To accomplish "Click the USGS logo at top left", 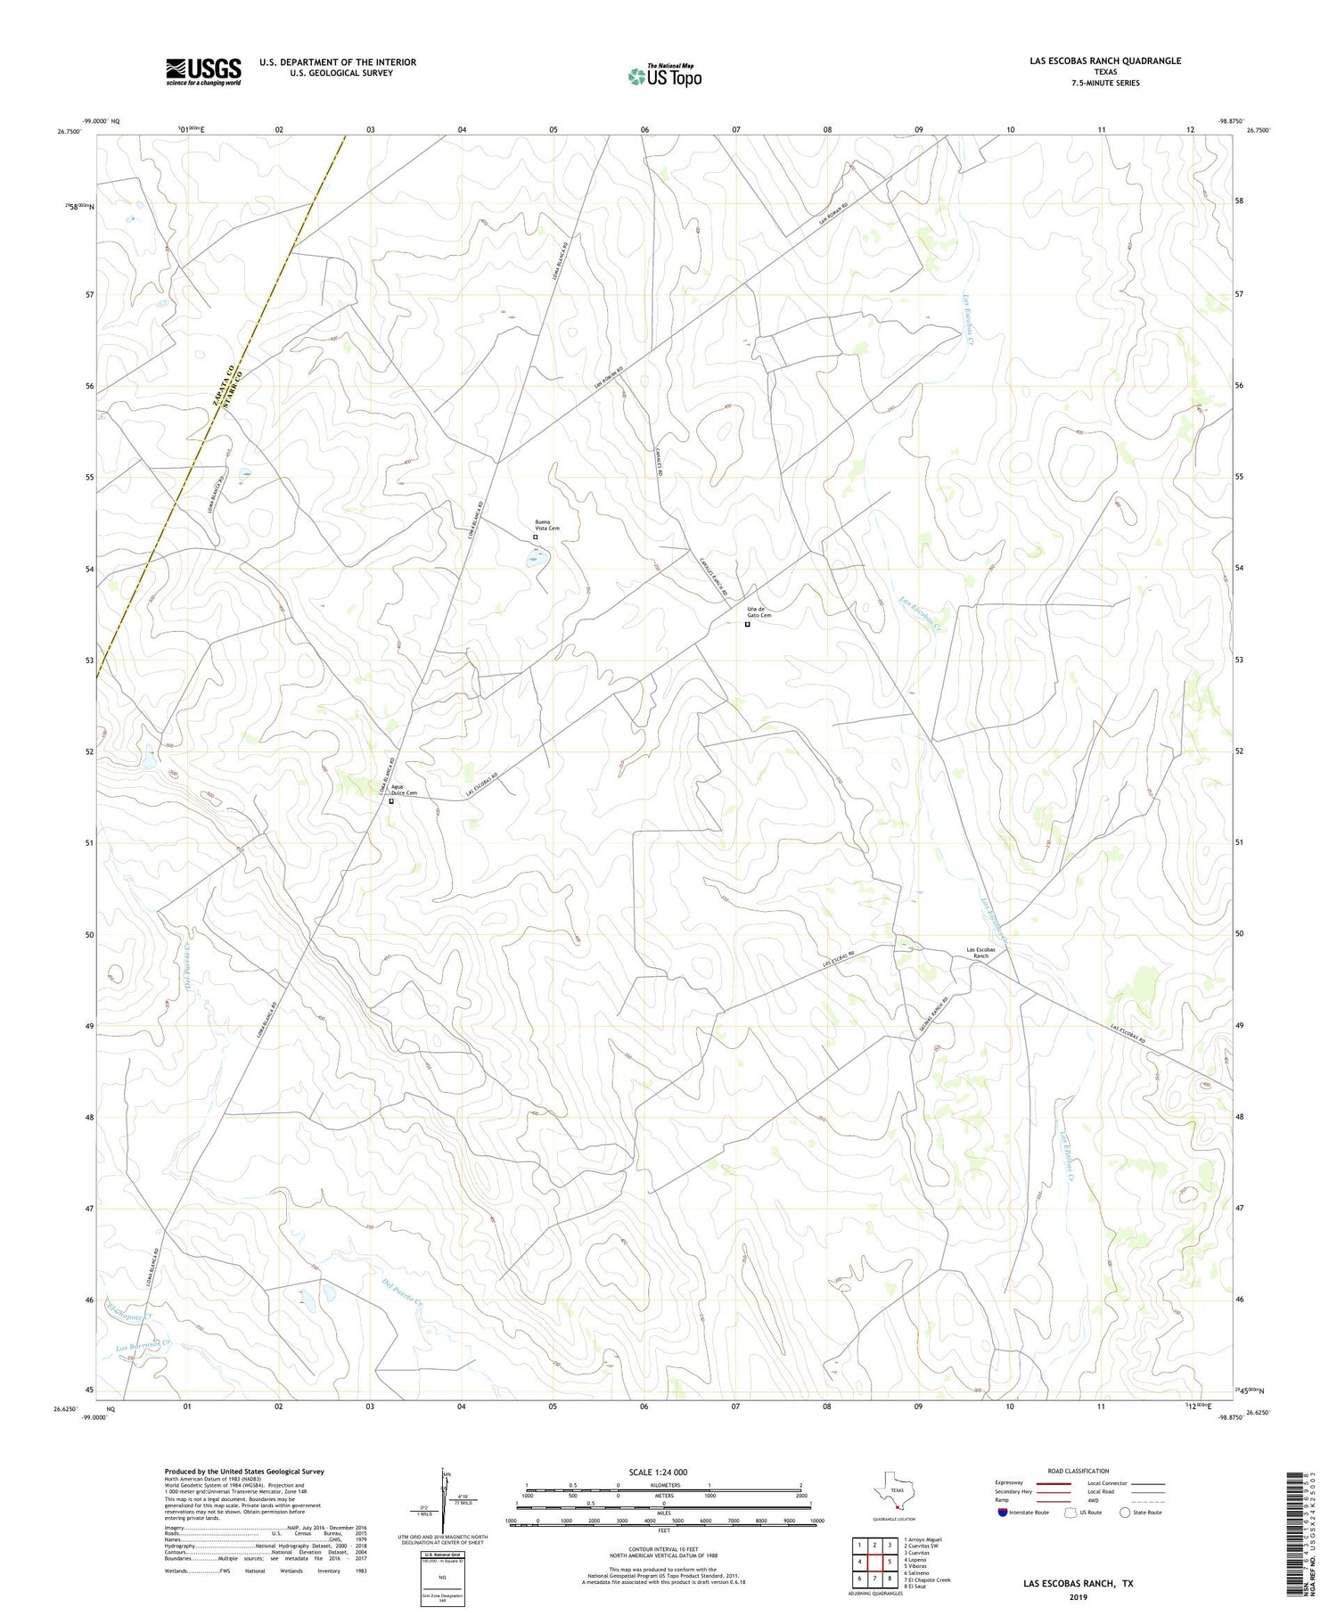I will pyautogui.click(x=203, y=71).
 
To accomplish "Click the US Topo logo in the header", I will pyautogui.click(x=664, y=77).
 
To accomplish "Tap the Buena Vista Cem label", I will pyautogui.click(x=546, y=525).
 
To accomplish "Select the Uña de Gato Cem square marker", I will pyautogui.click(x=747, y=625).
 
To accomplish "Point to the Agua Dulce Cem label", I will pyautogui.click(x=404, y=790).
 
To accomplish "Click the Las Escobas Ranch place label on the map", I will pyautogui.click(x=980, y=952).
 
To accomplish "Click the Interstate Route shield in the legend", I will pyautogui.click(x=1004, y=1513).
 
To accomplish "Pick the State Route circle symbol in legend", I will pyautogui.click(x=1125, y=1513).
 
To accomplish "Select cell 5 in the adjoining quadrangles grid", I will pyautogui.click(x=889, y=1562).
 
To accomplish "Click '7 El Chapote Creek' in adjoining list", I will pyautogui.click(x=927, y=1579).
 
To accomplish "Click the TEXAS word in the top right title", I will pyautogui.click(x=1105, y=72).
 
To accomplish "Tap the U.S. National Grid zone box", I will pyautogui.click(x=443, y=1579).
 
